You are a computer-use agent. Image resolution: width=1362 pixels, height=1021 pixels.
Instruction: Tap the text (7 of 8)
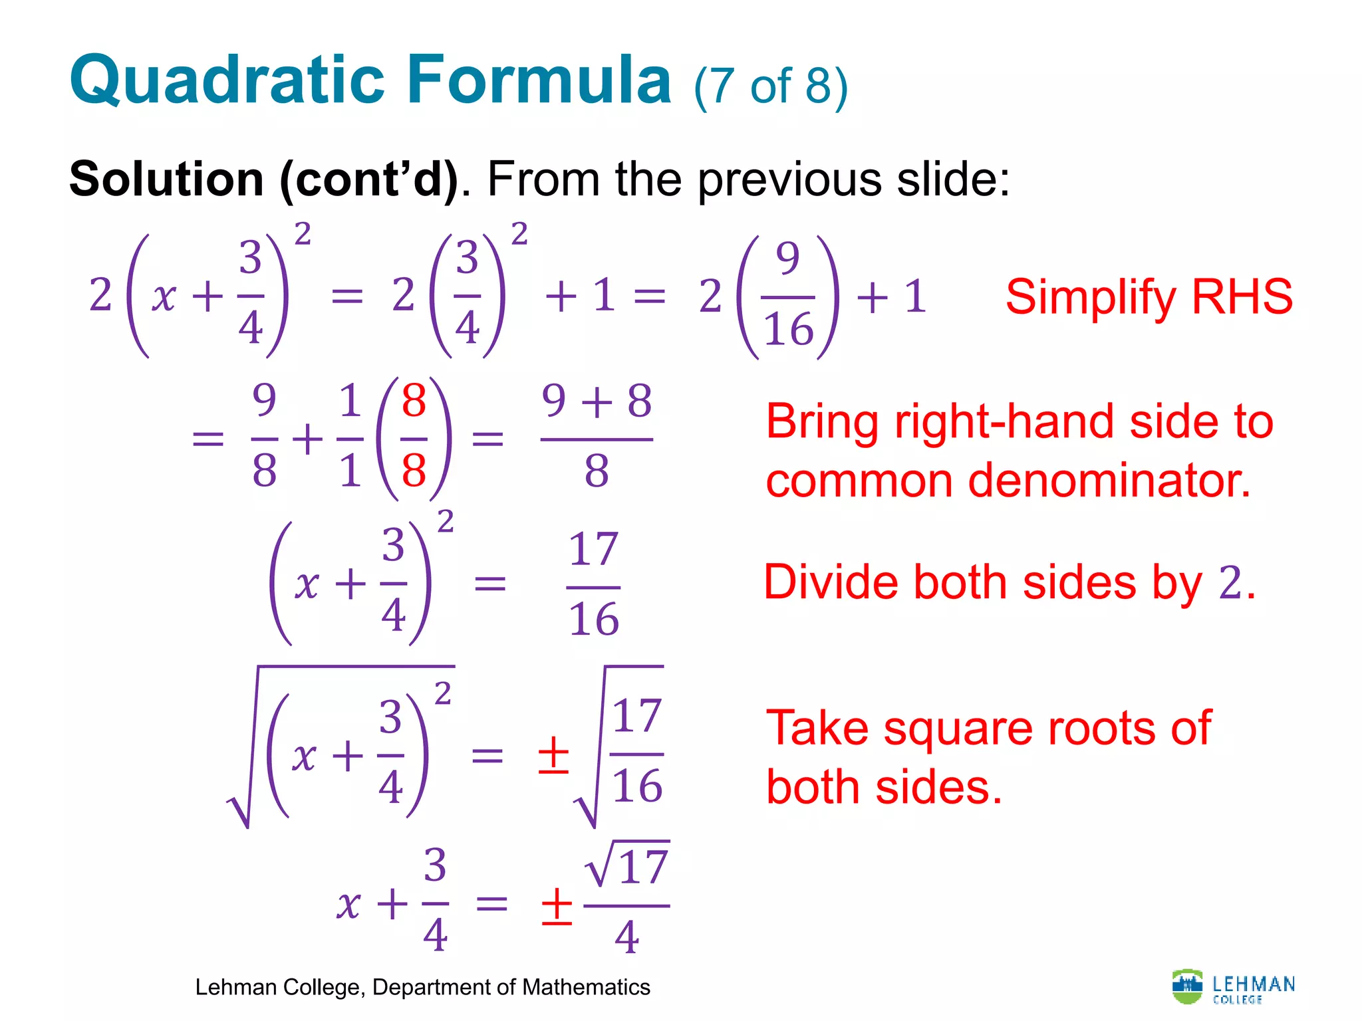coord(770,86)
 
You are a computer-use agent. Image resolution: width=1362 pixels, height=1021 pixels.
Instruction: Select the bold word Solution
coord(166,179)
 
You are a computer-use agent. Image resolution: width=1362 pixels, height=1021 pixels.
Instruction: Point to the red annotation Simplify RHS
coord(1149,296)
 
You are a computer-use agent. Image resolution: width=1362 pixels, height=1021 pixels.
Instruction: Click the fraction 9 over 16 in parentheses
coord(788,295)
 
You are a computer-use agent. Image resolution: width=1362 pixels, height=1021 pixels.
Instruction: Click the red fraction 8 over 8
coord(414,437)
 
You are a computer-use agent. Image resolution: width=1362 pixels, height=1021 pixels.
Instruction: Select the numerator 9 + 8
coord(597,401)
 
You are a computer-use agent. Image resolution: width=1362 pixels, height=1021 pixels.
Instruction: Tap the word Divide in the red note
coord(831,583)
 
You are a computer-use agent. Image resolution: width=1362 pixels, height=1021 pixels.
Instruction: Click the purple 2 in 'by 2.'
coord(1230,583)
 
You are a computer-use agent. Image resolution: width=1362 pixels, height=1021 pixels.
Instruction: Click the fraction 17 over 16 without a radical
coord(594,585)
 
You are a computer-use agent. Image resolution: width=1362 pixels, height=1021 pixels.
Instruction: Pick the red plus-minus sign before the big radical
coord(553,756)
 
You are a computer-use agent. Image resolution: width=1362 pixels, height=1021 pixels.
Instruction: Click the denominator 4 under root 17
coord(627,937)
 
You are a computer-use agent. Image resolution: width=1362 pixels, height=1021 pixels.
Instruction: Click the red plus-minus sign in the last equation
coord(557,905)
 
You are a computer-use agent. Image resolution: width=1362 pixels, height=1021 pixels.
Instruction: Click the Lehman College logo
coord(1233,987)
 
